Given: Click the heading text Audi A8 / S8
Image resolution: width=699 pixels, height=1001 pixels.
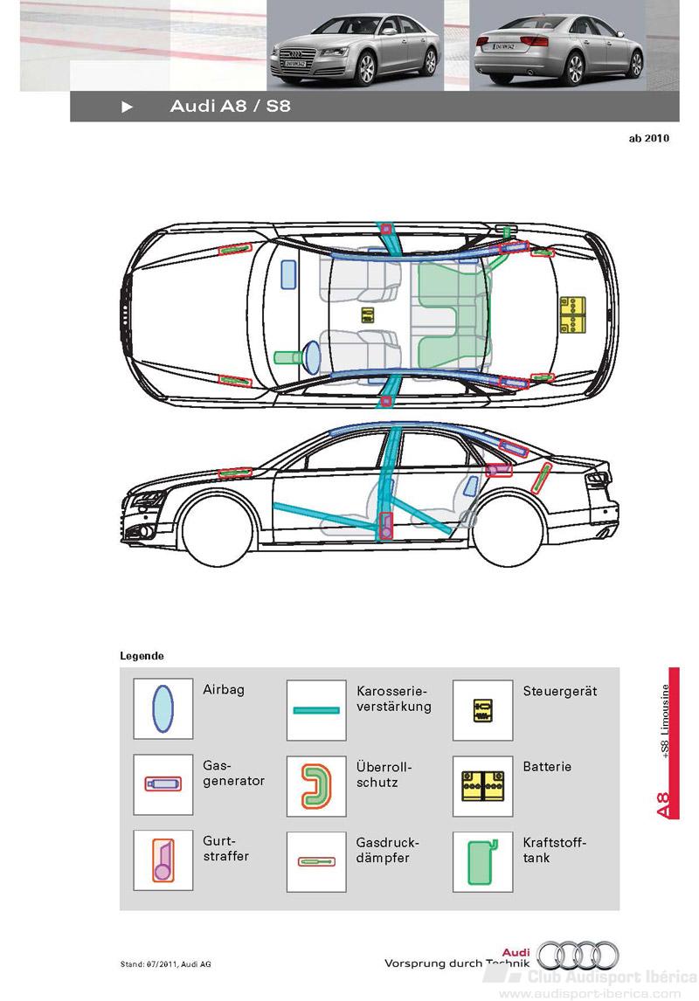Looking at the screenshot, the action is point(230,106).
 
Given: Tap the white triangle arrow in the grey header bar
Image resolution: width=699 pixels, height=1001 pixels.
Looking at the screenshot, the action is point(127,107).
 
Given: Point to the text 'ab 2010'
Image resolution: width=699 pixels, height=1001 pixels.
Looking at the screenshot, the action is point(648,138).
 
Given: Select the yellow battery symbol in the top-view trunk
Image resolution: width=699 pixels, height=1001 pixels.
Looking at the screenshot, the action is point(572,314).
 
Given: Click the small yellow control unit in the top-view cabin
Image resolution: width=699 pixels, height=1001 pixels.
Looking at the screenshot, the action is point(367,314).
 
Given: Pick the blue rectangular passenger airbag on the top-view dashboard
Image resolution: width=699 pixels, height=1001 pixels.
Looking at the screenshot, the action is point(288,274).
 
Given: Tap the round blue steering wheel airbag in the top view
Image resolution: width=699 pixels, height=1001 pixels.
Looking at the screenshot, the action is point(312,357).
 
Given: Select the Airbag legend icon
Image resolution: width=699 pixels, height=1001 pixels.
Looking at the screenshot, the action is point(163,708).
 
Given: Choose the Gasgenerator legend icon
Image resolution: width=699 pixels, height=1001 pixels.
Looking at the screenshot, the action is point(163,784).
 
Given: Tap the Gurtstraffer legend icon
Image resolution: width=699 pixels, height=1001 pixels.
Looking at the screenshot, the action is point(163,859).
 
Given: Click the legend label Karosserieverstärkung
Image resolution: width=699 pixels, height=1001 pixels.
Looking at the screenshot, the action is point(394,699).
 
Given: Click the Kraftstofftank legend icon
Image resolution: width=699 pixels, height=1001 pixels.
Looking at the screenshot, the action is point(482,862).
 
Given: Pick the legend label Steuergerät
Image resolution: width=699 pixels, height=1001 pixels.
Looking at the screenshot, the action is point(560,692).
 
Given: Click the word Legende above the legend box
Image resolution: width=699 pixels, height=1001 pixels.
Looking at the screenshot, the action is point(142,656).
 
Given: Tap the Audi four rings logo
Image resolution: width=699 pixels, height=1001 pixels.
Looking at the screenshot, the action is point(578,955).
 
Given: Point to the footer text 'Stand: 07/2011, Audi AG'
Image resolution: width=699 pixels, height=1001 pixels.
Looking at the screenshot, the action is point(165,964).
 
